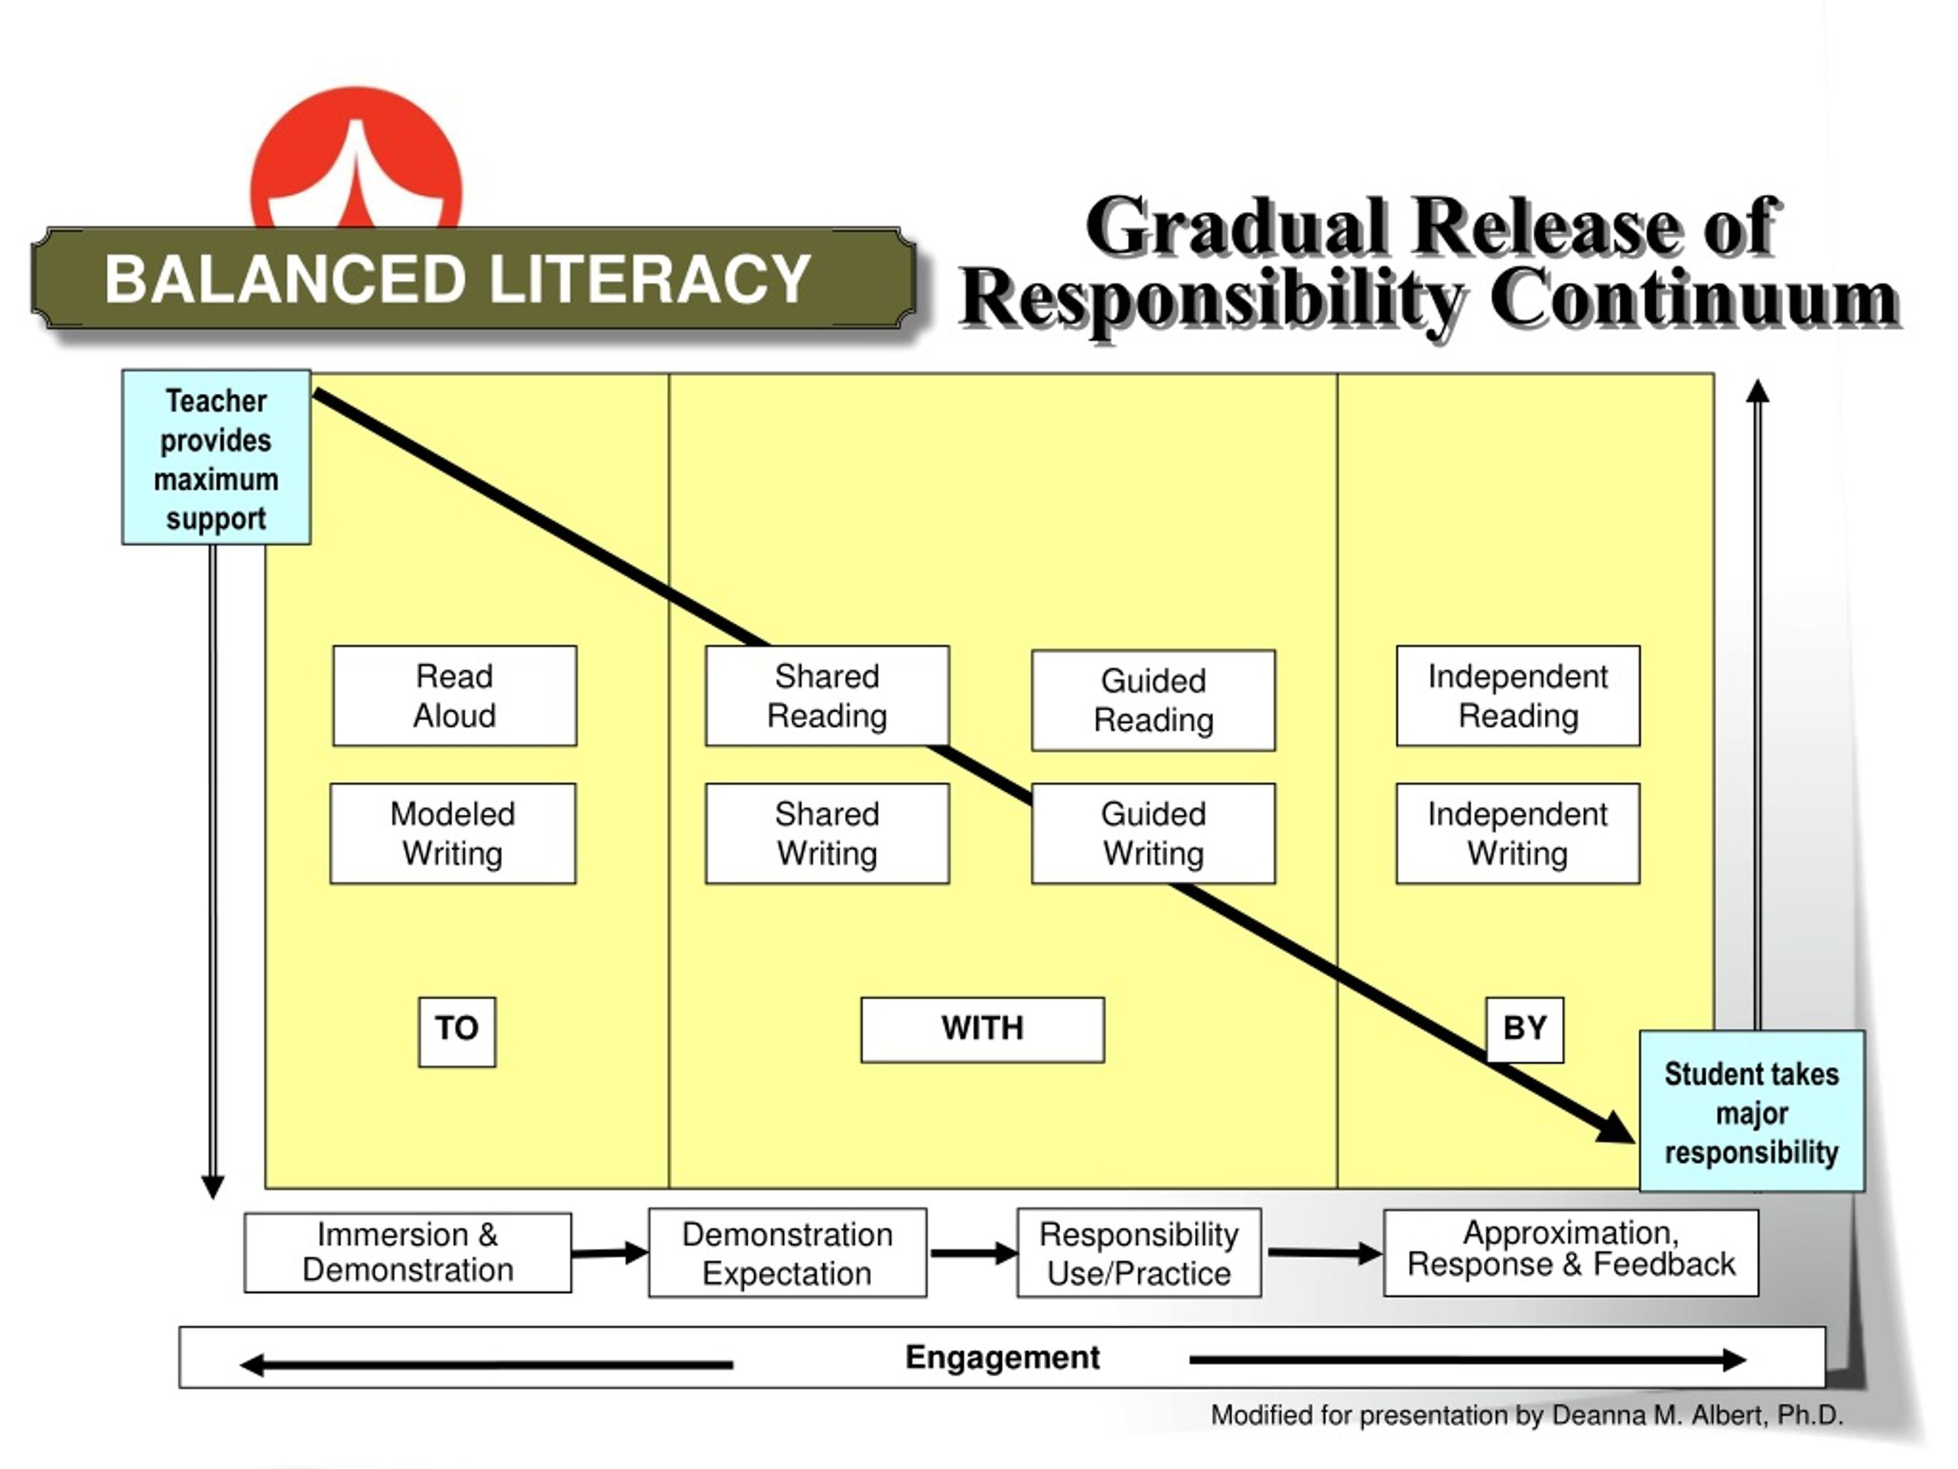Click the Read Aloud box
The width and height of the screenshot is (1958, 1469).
(x=455, y=696)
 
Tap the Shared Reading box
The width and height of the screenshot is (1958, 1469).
(x=828, y=696)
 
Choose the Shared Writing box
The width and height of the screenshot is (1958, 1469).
(x=828, y=833)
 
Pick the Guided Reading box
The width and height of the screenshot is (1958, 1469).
(x=1153, y=700)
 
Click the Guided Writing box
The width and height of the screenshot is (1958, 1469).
(x=1153, y=833)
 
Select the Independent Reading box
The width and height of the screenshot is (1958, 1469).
(x=1518, y=696)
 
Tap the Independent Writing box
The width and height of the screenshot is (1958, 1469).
(x=1518, y=833)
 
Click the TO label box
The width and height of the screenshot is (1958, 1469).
(x=457, y=1031)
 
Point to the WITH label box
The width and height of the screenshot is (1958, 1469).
(x=983, y=1030)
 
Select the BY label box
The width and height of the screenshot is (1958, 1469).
(x=1525, y=1030)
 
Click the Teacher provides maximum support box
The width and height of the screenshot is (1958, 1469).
(x=216, y=457)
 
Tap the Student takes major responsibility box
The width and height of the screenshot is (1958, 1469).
(x=1751, y=1111)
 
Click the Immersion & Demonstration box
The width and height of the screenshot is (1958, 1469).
(x=408, y=1252)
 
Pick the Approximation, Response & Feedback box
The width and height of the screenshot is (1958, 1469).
(x=1571, y=1252)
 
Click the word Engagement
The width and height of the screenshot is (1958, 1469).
(x=1002, y=1357)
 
